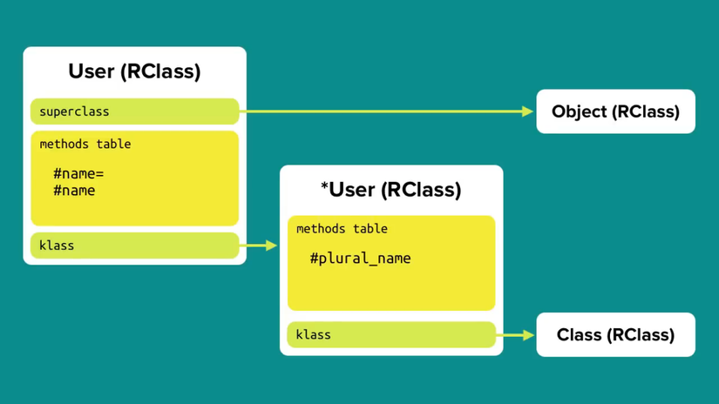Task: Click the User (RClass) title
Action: click(x=134, y=71)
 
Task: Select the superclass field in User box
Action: click(x=134, y=111)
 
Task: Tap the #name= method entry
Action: click(x=78, y=174)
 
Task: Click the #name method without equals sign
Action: click(x=74, y=191)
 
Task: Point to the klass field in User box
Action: click(x=134, y=246)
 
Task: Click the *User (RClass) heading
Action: click(x=391, y=190)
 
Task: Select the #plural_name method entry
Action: click(x=360, y=259)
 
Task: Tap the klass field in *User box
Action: click(x=391, y=334)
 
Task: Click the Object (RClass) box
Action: click(x=615, y=111)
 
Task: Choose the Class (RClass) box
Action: click(x=615, y=334)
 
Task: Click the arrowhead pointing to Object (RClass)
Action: click(x=526, y=111)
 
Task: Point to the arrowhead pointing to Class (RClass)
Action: click(x=527, y=334)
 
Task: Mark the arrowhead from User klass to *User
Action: click(x=271, y=246)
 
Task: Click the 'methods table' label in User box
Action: click(x=85, y=144)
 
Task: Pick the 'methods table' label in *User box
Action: click(x=342, y=229)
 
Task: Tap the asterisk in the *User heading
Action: click(x=325, y=187)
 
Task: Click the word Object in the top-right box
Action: click(x=579, y=111)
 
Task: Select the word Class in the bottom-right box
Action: click(x=579, y=334)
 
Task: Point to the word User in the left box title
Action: click(x=92, y=71)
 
